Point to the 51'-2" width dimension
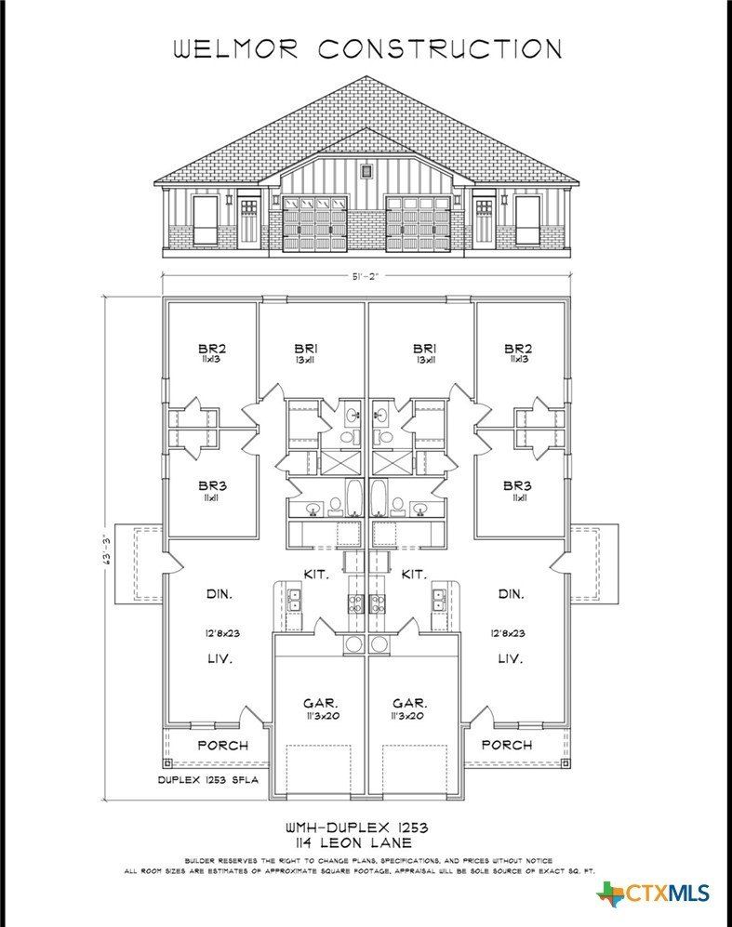click(x=366, y=275)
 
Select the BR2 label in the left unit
click(x=213, y=349)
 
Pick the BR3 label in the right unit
click(x=517, y=485)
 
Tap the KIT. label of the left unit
click(x=317, y=575)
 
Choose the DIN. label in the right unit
click(x=511, y=593)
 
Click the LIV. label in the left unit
click(x=218, y=658)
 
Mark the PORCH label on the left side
click(x=223, y=745)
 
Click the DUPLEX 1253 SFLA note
click(x=207, y=779)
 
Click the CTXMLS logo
click(x=653, y=894)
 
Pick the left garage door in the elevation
click(x=314, y=223)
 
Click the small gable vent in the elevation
click(x=367, y=171)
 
